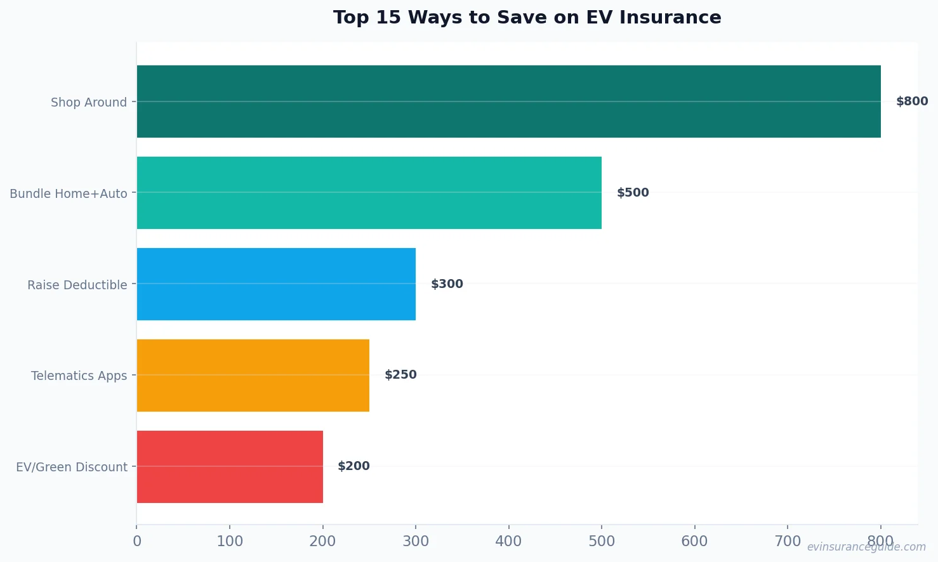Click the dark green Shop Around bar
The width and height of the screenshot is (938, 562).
[x=508, y=101]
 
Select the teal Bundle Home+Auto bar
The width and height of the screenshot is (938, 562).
[x=369, y=193]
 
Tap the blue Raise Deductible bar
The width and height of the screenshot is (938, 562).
[x=276, y=284]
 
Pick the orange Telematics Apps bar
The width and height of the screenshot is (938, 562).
[x=253, y=376]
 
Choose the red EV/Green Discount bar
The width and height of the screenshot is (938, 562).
[x=230, y=467]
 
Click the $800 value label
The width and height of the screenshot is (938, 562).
[x=912, y=101]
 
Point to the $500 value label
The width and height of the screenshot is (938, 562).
[x=633, y=193]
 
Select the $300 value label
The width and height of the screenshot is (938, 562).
[x=447, y=284]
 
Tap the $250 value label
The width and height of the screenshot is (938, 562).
[x=400, y=375]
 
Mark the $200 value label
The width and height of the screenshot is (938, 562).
[x=353, y=466]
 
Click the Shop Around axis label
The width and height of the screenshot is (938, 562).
[x=89, y=102]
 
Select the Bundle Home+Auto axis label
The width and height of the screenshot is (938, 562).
[x=69, y=193]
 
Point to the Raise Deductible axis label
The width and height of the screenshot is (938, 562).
[x=77, y=285]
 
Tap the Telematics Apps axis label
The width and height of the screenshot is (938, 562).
[x=79, y=376]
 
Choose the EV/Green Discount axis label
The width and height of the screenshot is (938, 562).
[x=72, y=467]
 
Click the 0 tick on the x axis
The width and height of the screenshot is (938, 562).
[x=137, y=541]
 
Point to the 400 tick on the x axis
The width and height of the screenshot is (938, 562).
[x=508, y=541]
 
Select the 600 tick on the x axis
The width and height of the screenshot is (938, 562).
[x=694, y=541]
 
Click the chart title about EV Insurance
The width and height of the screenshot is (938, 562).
[x=527, y=17]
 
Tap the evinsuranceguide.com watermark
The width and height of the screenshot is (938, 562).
[x=866, y=547]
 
